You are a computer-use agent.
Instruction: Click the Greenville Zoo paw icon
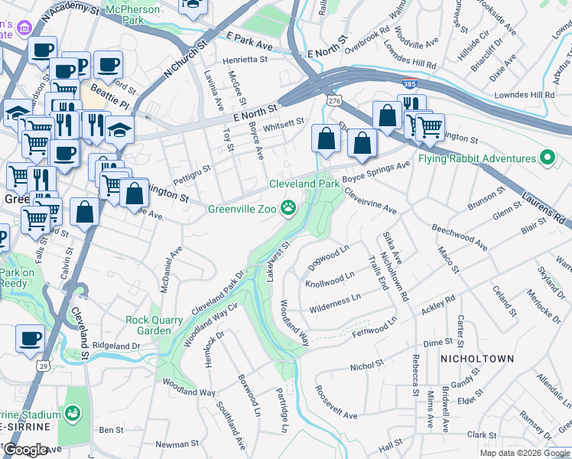coord(288,207)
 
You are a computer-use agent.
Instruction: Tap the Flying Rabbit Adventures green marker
coord(547,158)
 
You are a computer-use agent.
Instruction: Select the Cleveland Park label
coord(304,184)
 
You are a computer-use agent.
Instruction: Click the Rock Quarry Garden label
coord(154,325)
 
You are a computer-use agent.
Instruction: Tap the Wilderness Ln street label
coord(334,303)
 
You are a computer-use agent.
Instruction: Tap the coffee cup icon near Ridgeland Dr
coord(31,338)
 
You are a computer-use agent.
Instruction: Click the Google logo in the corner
coord(25,449)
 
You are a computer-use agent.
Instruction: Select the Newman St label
coord(177,444)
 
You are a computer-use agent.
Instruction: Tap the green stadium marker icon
coord(73,414)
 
